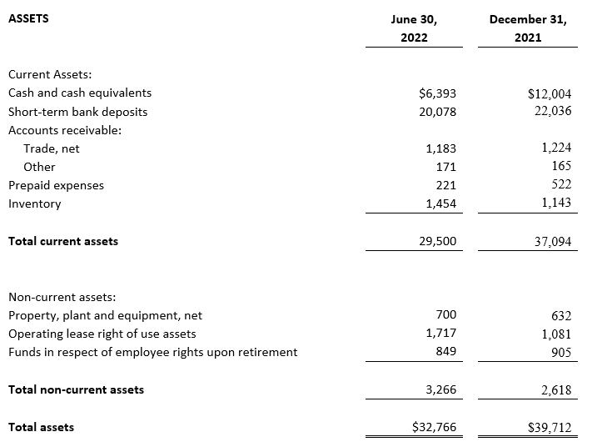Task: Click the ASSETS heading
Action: coord(28,18)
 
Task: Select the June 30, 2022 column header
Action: coord(414,28)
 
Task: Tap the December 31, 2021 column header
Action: coord(528,28)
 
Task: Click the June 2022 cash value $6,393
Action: coord(437,93)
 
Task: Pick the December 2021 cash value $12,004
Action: coord(550,93)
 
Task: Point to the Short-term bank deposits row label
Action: coord(77,112)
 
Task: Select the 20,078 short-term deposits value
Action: coord(437,112)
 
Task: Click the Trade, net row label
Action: coord(52,148)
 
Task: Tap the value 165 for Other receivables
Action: coord(561,166)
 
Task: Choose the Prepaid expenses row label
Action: coord(56,185)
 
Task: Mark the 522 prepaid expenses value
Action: coord(561,184)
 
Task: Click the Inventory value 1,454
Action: coord(441,203)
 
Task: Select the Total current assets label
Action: coord(63,241)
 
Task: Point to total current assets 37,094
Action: coord(553,242)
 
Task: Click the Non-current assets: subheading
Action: coord(62,297)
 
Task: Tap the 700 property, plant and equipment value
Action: coord(446,314)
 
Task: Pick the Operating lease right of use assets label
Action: coord(102,334)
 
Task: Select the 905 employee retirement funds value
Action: coord(561,353)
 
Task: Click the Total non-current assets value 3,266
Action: coord(441,389)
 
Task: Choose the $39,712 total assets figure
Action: coord(550,428)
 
